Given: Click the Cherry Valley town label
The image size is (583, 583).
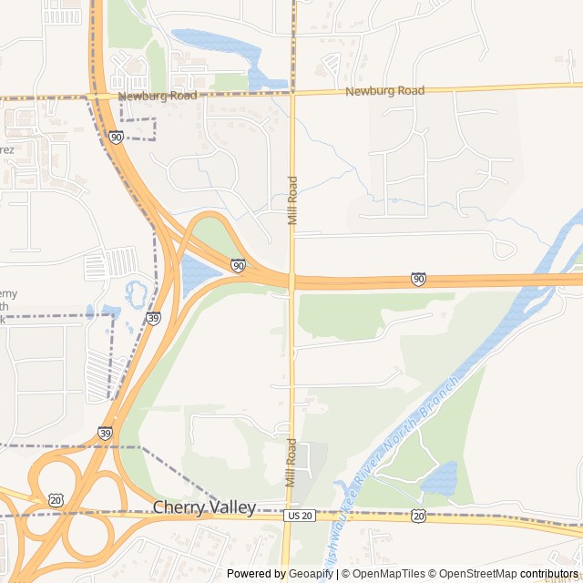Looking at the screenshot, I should tap(204, 507).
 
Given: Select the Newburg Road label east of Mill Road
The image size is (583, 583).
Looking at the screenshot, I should tap(385, 91).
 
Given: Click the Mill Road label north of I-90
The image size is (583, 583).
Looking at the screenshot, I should tap(292, 200).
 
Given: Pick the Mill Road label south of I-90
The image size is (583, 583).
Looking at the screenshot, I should tap(291, 463).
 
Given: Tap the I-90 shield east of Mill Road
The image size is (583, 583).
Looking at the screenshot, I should tap(418, 279).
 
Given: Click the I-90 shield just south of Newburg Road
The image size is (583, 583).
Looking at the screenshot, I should tap(117, 137).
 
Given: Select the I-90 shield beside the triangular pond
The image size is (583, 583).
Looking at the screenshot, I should tap(238, 265).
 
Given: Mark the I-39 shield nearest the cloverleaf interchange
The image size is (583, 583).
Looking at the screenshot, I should tap(106, 434).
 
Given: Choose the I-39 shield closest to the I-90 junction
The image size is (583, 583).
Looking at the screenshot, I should tap(153, 318).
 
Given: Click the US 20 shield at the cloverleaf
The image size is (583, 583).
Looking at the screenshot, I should tap(56, 500).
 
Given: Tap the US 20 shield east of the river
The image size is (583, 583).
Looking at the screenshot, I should tap(418, 516).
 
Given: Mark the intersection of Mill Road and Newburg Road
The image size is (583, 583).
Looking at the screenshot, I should tap(292, 93).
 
